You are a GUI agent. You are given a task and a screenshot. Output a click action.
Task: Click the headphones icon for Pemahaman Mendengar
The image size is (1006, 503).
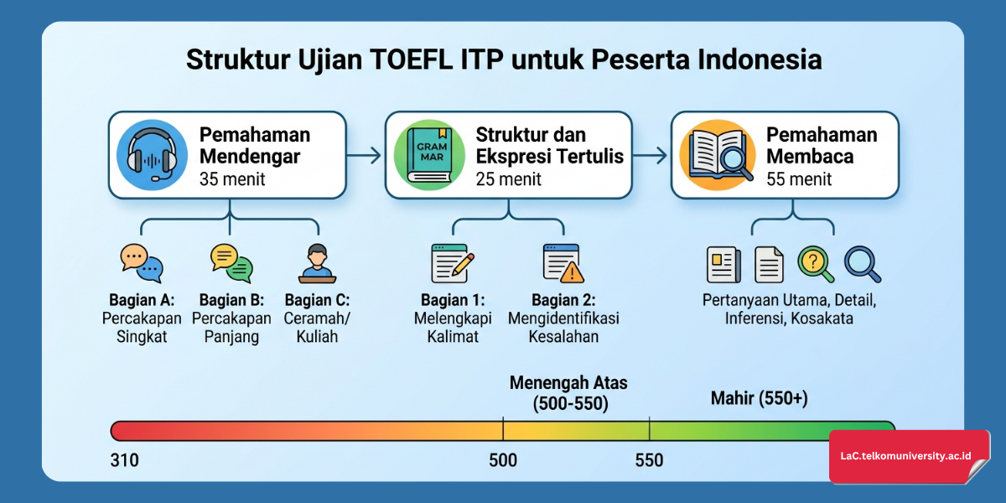point(153,156)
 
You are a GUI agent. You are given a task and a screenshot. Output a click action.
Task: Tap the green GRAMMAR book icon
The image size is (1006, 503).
point(428,156)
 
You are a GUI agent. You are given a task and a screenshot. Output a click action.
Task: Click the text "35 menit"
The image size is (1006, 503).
point(232,179)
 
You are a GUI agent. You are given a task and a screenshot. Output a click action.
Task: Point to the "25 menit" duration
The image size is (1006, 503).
point(508,179)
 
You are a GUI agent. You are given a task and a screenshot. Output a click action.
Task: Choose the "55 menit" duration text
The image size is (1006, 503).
point(799,179)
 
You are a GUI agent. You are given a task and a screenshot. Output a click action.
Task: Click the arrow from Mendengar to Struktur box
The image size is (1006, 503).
point(365,155)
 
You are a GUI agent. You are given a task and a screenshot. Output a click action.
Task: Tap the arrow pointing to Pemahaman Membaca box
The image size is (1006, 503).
point(651,155)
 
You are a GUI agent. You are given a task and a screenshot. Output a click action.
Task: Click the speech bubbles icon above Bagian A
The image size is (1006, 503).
point(140,263)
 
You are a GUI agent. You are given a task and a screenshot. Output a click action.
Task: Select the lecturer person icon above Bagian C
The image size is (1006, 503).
point(316,263)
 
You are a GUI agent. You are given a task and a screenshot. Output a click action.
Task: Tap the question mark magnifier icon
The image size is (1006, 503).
point(816,263)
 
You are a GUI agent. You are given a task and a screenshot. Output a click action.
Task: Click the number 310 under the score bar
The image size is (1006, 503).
point(124,460)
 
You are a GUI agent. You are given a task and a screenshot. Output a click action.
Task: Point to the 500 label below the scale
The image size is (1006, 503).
point(503,460)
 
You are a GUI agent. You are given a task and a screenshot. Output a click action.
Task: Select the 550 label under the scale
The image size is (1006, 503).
point(649,460)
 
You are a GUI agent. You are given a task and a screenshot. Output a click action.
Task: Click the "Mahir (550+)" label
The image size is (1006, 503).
point(759,399)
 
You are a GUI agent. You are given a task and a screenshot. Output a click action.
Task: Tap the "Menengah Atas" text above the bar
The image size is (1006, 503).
point(568,383)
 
